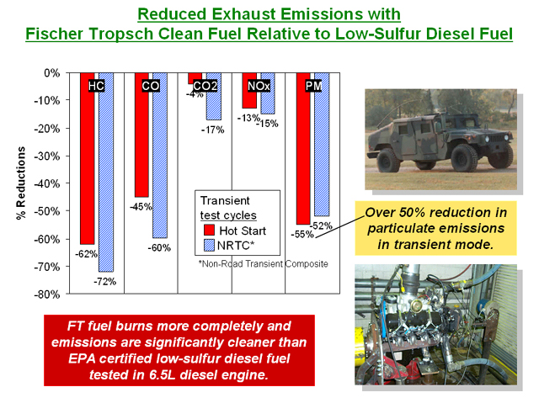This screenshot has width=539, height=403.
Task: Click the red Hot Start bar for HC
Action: [88, 158]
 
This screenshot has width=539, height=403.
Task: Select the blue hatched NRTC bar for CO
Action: [160, 155]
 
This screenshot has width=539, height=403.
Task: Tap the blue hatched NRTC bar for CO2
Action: [213, 96]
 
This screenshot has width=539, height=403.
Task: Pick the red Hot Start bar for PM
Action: [303, 148]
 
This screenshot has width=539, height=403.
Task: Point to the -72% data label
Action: [104, 282]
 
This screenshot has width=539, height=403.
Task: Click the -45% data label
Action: [141, 207]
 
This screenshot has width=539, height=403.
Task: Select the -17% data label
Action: [212, 130]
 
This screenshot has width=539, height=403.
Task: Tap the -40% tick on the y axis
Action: [47, 183]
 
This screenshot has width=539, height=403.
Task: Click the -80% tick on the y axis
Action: [47, 294]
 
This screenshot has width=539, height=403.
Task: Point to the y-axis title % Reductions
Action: [21, 183]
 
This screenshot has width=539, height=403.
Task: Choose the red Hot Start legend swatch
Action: [209, 230]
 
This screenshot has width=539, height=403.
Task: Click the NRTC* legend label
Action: [236, 246]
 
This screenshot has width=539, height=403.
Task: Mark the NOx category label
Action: [259, 86]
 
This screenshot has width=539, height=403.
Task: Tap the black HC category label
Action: [96, 86]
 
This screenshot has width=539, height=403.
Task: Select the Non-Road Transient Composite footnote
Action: [264, 263]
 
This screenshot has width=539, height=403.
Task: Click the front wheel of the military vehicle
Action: [464, 158]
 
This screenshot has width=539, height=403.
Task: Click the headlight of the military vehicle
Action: [487, 139]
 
